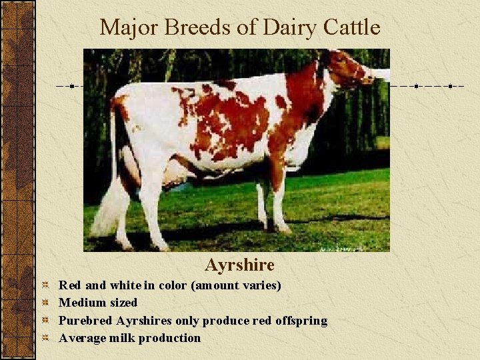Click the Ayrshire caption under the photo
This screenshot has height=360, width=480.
[x=239, y=265]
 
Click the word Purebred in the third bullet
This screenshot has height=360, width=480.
[x=85, y=321]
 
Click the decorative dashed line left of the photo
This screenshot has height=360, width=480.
[x=69, y=87]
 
